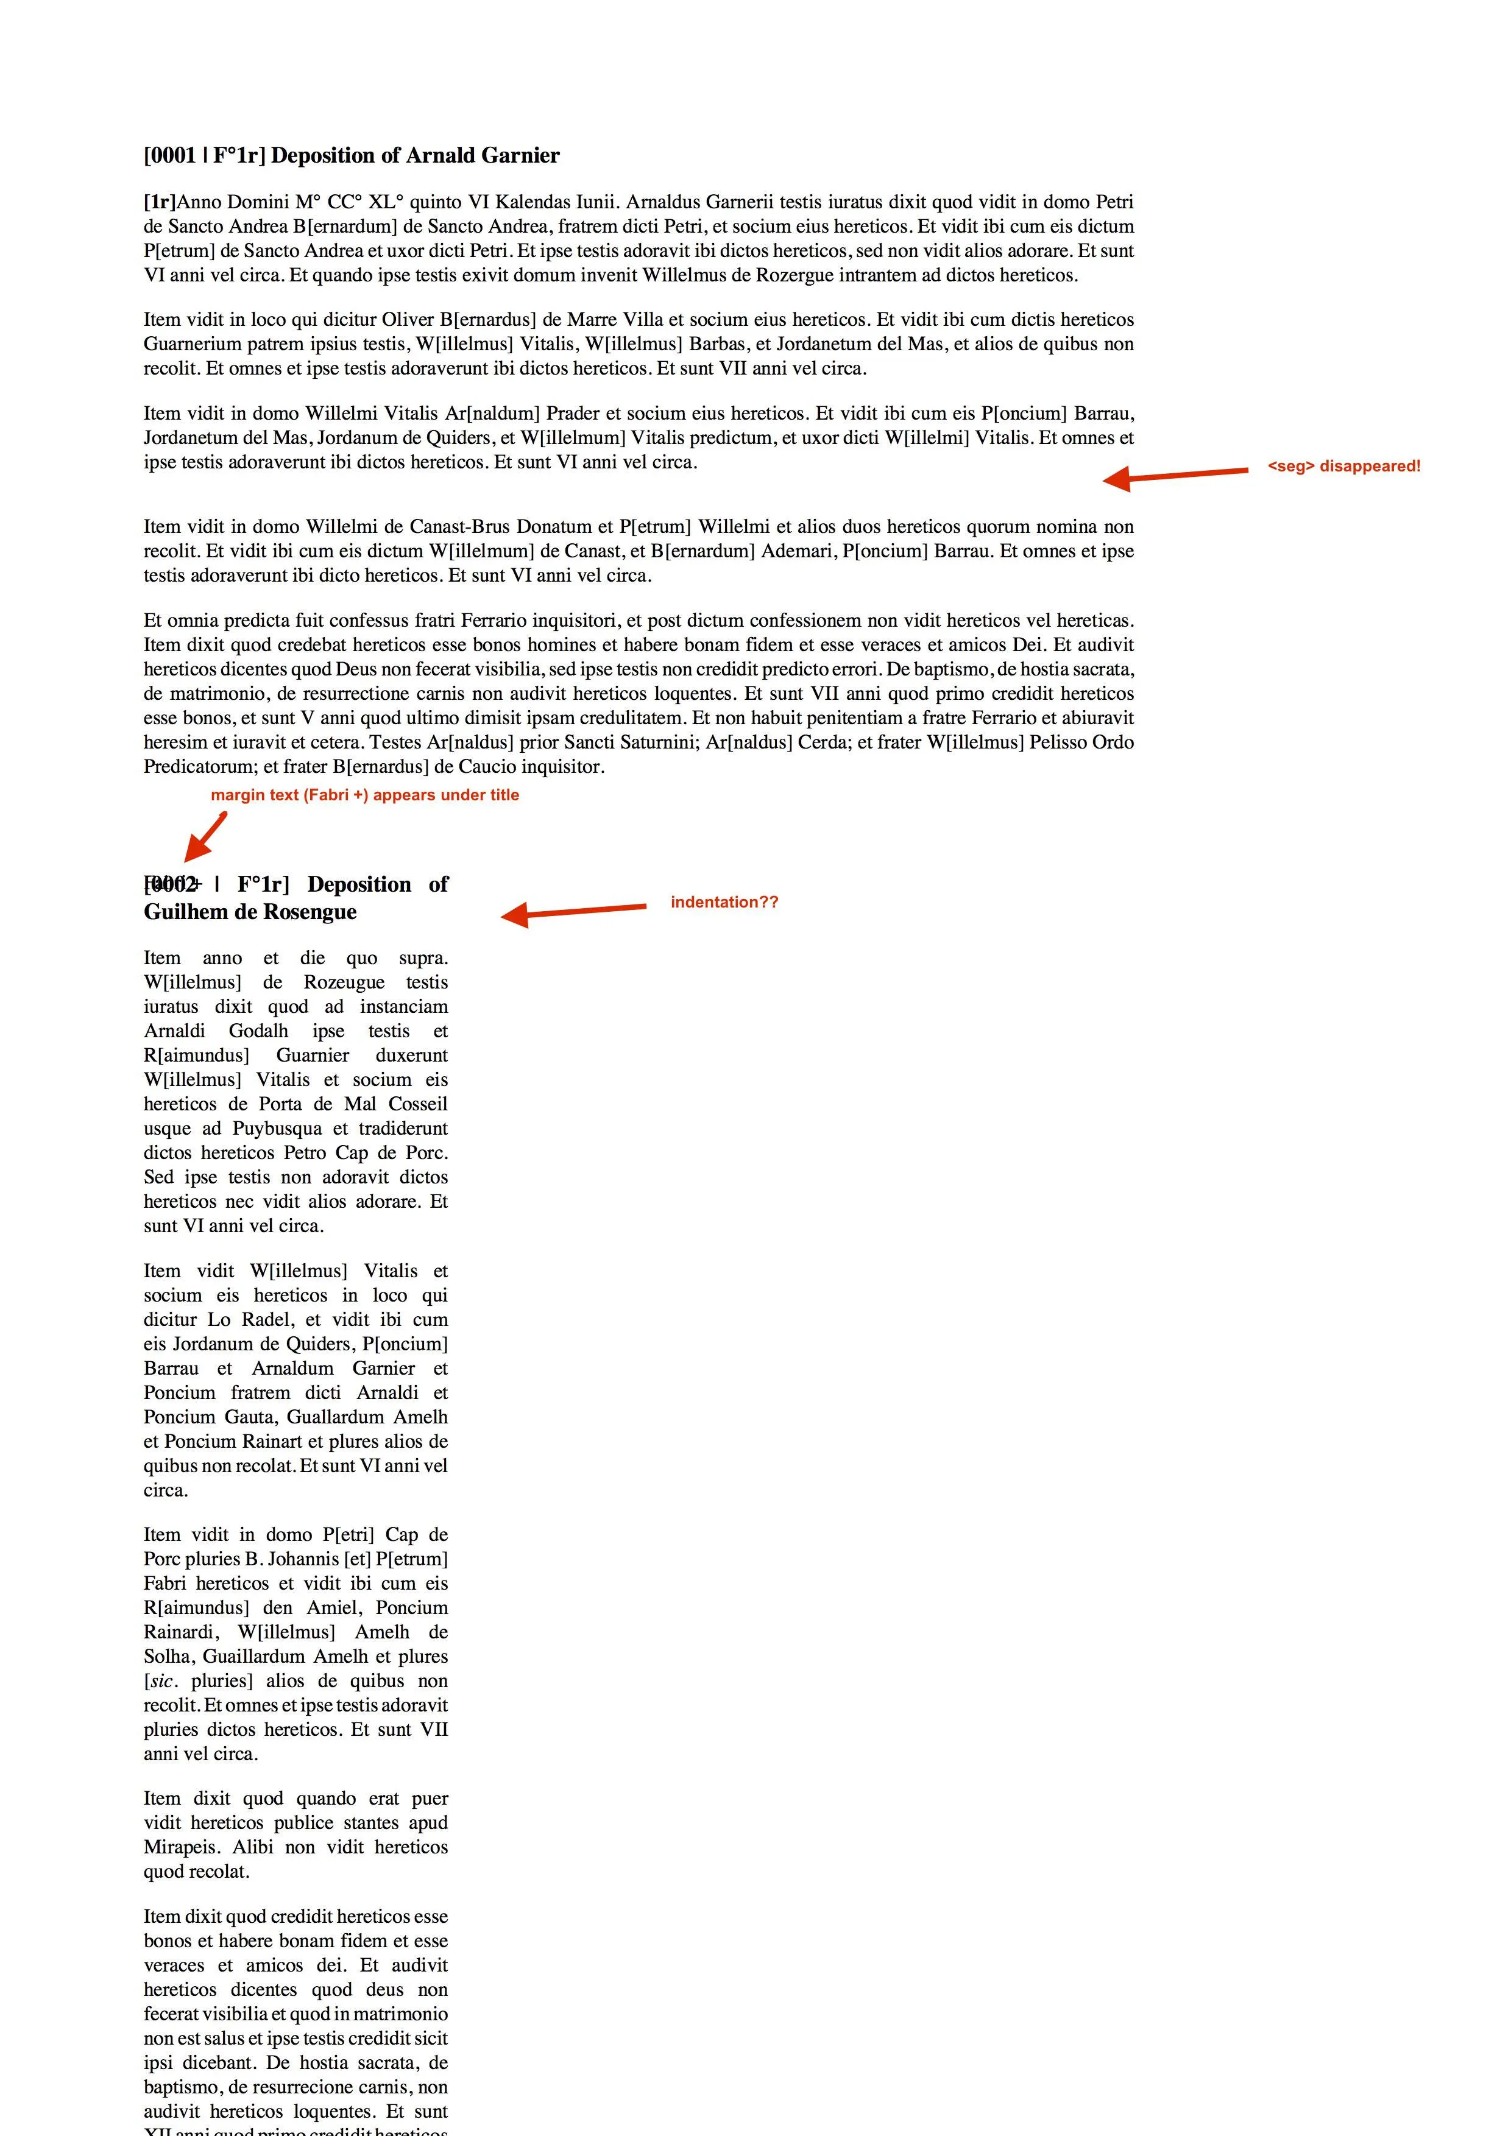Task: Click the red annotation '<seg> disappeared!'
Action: (1343, 466)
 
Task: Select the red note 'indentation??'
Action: (724, 901)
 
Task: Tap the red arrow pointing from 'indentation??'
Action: (573, 912)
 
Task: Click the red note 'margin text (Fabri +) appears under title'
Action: (365, 794)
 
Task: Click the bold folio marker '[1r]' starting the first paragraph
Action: (160, 202)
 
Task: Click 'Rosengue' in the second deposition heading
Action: (312, 912)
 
